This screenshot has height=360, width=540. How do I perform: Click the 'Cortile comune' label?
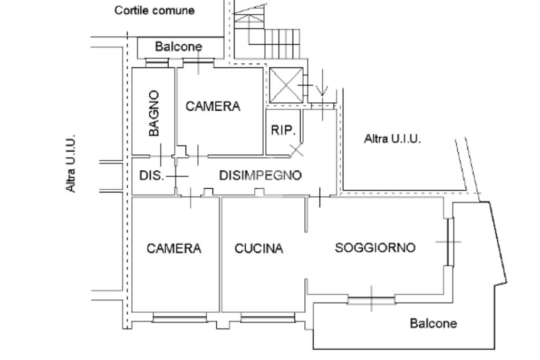pyautogui.click(x=155, y=11)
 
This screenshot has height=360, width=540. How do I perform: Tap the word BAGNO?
pyautogui.click(x=154, y=113)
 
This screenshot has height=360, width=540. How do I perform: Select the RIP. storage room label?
pyautogui.click(x=283, y=130)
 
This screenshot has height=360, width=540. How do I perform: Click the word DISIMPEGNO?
pyautogui.click(x=261, y=175)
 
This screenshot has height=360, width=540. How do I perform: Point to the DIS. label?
pyautogui.click(x=151, y=176)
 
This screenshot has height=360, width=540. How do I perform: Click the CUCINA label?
pyautogui.click(x=258, y=248)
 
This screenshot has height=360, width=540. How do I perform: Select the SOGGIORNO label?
pyautogui.click(x=375, y=247)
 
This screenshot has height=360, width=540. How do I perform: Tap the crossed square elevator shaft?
pyautogui.click(x=286, y=85)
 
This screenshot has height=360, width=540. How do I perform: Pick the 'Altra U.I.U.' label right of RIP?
pyautogui.click(x=392, y=139)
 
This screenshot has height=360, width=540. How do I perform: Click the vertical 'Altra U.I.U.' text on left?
pyautogui.click(x=71, y=163)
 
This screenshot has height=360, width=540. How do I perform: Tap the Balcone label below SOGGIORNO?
pyautogui.click(x=433, y=323)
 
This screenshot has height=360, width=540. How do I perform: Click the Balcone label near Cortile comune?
pyautogui.click(x=178, y=46)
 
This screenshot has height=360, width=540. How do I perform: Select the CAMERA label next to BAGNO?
pyautogui.click(x=213, y=106)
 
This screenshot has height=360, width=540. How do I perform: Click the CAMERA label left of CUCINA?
pyautogui.click(x=173, y=248)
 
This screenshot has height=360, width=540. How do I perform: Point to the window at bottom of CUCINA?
pyautogui.click(x=268, y=317)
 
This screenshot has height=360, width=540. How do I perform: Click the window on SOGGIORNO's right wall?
pyautogui.click(x=450, y=241)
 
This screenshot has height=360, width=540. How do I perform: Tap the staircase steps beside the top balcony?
pyautogui.click(x=283, y=44)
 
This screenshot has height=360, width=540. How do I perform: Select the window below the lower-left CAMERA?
pyautogui.click(x=180, y=317)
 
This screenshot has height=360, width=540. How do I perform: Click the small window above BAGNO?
pyautogui.click(x=157, y=63)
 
